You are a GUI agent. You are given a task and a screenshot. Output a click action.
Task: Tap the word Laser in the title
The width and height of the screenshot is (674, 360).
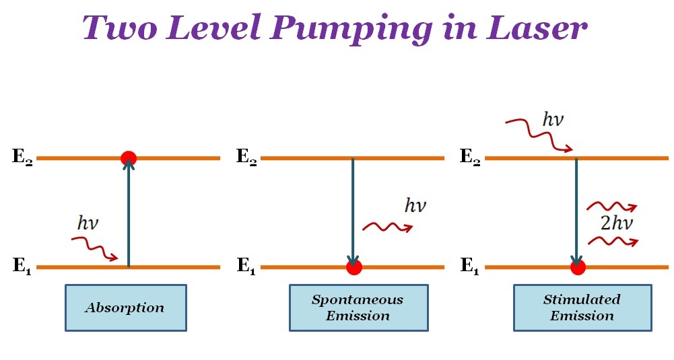[538, 28]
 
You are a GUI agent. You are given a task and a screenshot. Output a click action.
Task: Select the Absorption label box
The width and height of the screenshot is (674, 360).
[125, 308]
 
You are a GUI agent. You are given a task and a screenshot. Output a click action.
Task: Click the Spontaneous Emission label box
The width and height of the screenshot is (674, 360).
[358, 308]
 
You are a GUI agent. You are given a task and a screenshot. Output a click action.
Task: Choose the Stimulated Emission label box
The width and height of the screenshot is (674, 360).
[582, 308]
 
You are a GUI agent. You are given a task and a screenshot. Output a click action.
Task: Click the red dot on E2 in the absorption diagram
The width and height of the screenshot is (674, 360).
[129, 158]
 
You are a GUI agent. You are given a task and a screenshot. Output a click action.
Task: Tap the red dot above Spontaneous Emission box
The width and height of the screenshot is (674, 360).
[353, 267]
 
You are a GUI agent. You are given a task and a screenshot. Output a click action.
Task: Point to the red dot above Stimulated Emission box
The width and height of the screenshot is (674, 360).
[577, 267]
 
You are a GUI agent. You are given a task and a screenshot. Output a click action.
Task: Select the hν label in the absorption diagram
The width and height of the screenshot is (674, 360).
[88, 223]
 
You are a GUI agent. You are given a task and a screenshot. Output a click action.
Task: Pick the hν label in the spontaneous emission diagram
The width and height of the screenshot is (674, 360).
[415, 205]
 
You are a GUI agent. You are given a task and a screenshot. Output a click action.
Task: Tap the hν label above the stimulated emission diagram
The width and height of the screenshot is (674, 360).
[553, 121]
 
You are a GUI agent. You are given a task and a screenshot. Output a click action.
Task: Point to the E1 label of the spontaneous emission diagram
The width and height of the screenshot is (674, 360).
[246, 266]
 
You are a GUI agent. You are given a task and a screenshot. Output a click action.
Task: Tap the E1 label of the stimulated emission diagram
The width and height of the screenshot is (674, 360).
[470, 266]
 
